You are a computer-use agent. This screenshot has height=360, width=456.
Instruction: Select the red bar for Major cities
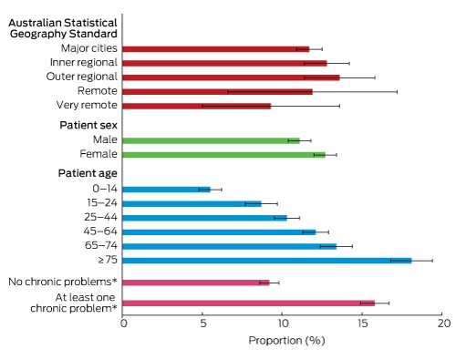pos(216,49)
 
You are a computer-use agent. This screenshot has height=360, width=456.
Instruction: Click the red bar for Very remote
pos(196,106)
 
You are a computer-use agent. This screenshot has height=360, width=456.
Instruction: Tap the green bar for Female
pos(223,155)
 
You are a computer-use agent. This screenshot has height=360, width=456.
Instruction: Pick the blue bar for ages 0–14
pos(166,190)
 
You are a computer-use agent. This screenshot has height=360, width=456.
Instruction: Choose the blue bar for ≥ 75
pos(267,261)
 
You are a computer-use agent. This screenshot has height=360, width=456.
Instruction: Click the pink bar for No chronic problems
pos(196,283)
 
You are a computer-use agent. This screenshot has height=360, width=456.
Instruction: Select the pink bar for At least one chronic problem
pos(249,303)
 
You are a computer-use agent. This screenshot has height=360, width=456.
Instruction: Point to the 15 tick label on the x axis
pos(362,324)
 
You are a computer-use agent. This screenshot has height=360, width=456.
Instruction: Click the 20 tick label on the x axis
pos(444,324)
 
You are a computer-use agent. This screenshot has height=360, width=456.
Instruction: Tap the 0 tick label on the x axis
pos(123,324)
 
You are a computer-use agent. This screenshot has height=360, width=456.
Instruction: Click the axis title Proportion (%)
pos(286,341)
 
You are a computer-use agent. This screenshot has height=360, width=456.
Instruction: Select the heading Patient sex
pos(88,125)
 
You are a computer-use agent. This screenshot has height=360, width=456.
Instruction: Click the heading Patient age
pos(88,173)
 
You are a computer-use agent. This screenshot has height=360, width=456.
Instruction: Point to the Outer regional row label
pos(82,77)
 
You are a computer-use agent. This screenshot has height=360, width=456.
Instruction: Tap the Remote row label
pos(98,90)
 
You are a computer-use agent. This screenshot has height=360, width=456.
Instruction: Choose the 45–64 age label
pos(100,231)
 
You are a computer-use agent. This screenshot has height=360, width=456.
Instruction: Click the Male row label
pos(105,139)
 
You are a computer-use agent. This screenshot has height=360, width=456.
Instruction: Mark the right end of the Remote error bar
pos(397,92)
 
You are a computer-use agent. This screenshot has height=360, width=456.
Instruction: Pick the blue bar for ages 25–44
pos(204,218)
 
